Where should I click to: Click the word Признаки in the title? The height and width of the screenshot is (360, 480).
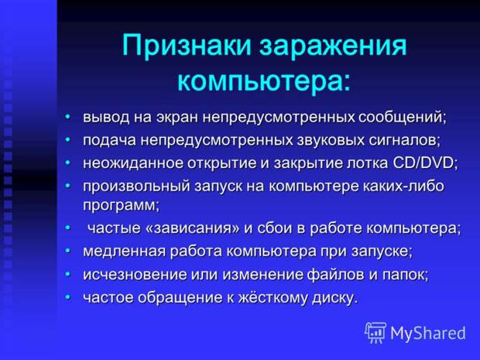(x=188, y=46)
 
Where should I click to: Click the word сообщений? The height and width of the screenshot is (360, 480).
(x=402, y=118)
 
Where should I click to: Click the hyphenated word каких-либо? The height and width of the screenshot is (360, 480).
(x=403, y=186)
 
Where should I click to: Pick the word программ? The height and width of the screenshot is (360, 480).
(x=122, y=205)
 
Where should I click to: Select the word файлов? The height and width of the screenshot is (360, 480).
(x=336, y=274)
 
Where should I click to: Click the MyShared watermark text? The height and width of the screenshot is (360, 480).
(x=427, y=333)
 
